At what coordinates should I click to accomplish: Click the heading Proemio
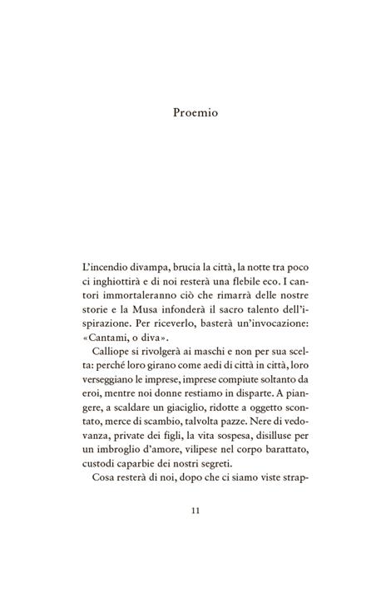pyautogui.click(x=193, y=112)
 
